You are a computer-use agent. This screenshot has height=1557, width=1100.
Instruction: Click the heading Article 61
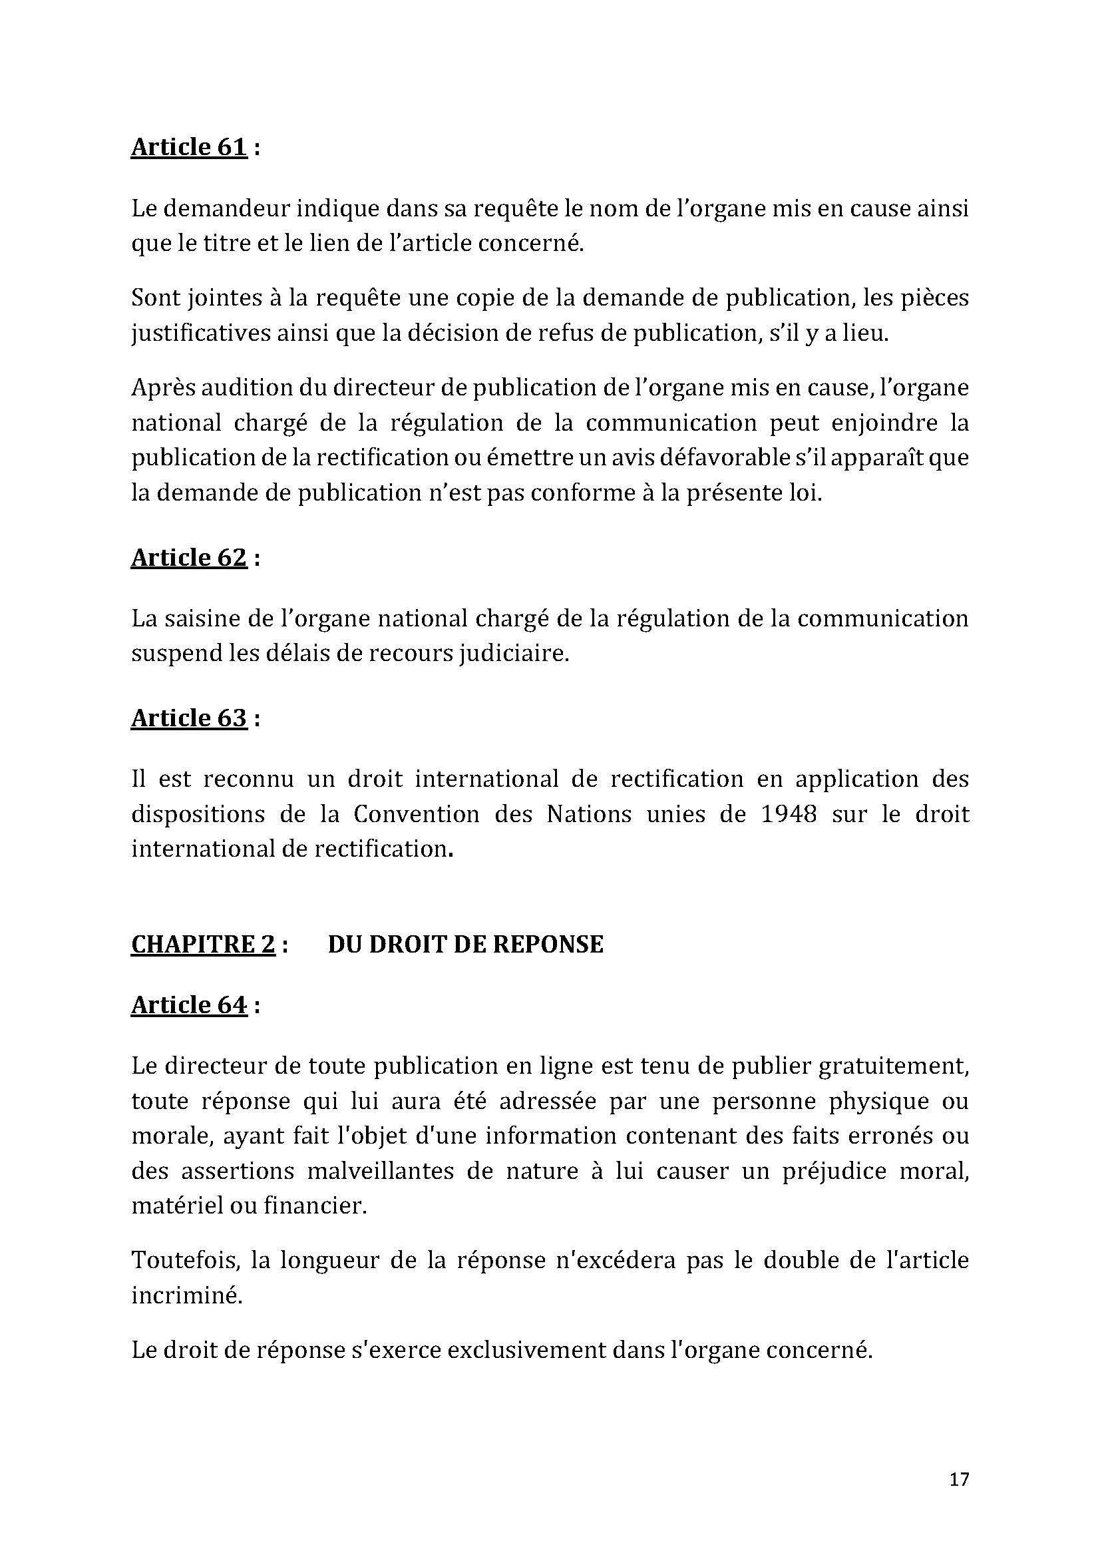[x=188, y=147]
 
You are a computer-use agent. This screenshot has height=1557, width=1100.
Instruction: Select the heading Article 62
[x=188, y=557]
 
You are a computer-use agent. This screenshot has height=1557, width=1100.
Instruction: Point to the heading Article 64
[x=188, y=1005]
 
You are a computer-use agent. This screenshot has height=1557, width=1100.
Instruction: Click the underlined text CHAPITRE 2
[x=203, y=944]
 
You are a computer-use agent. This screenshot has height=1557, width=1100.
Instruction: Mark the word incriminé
[x=186, y=1295]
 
